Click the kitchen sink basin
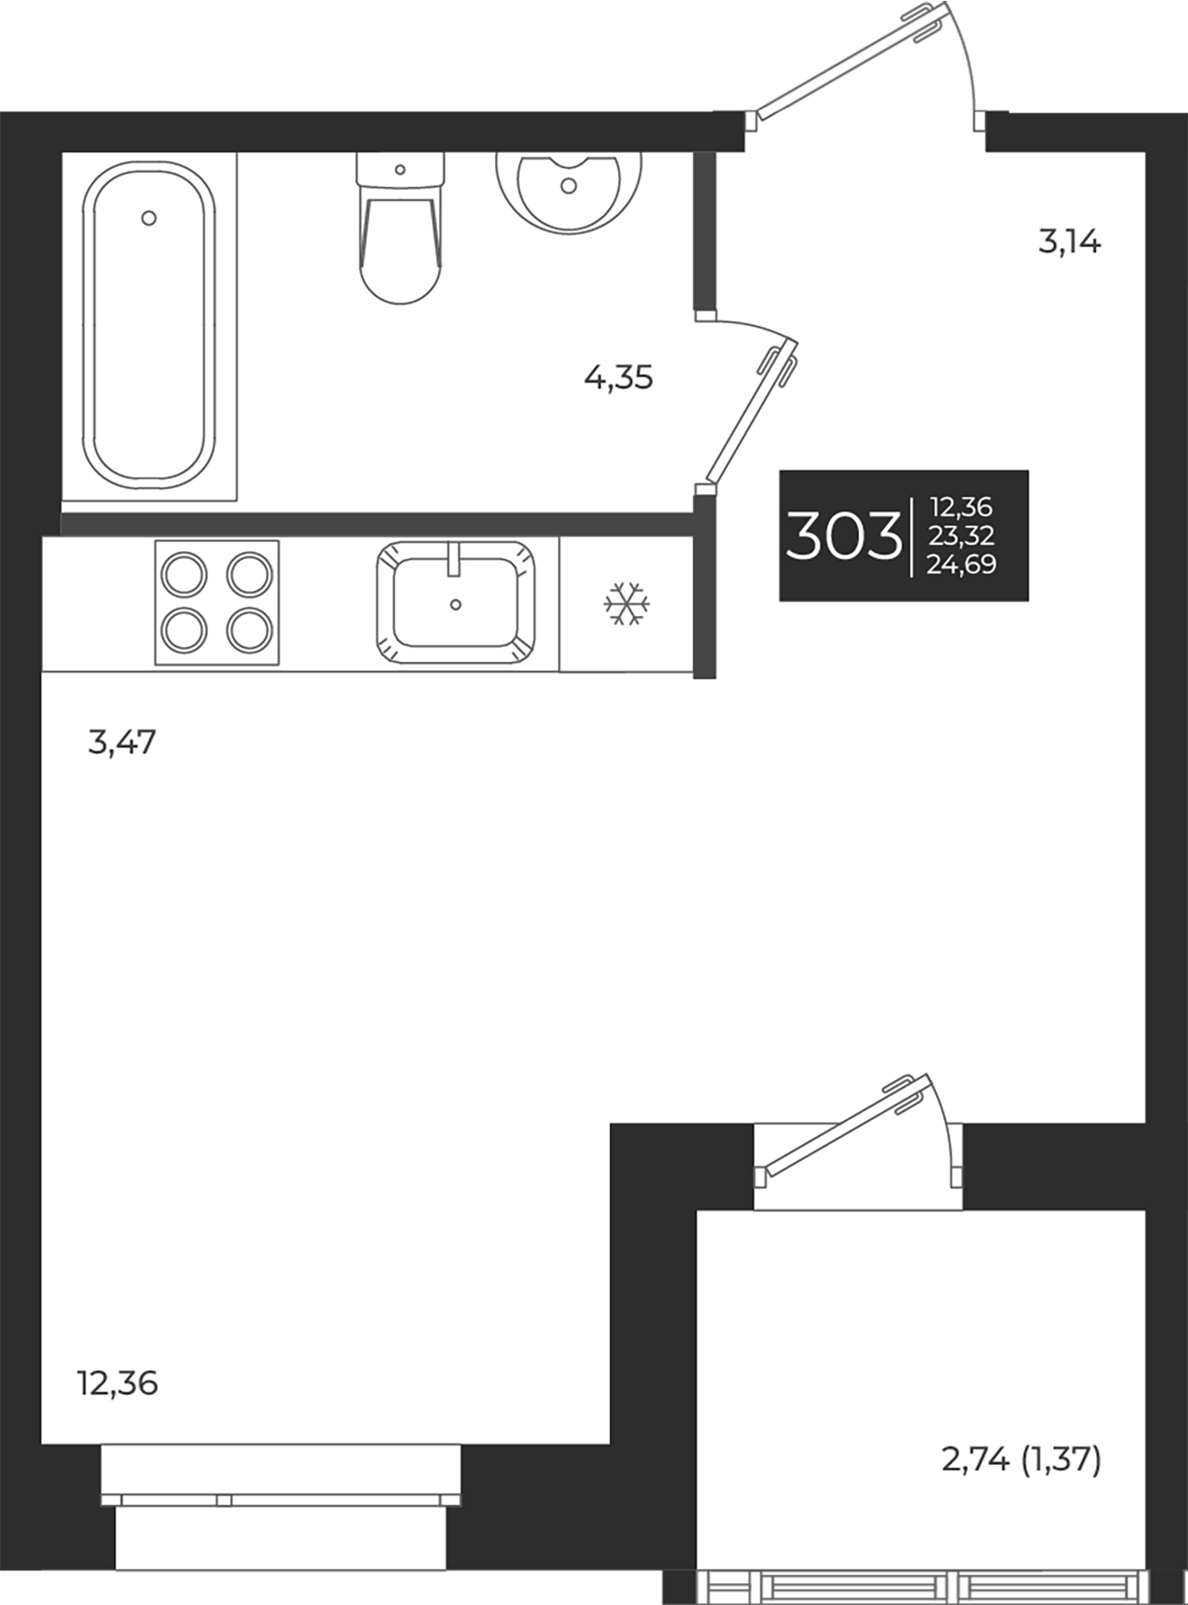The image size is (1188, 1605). coord(456,602)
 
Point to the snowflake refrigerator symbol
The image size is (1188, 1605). coord(627,605)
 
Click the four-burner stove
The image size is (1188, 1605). coord(217,603)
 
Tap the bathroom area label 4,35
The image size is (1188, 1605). coord(618,378)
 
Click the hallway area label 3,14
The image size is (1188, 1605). coord(1069,242)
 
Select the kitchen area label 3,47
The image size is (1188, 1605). coord(122,741)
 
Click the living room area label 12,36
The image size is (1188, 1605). coord(118,1383)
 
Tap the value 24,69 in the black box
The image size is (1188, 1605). coord(961,564)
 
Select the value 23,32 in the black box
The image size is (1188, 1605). coord(961,536)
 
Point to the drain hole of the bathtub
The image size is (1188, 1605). coord(149,218)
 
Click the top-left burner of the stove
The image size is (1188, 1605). coord(183,572)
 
